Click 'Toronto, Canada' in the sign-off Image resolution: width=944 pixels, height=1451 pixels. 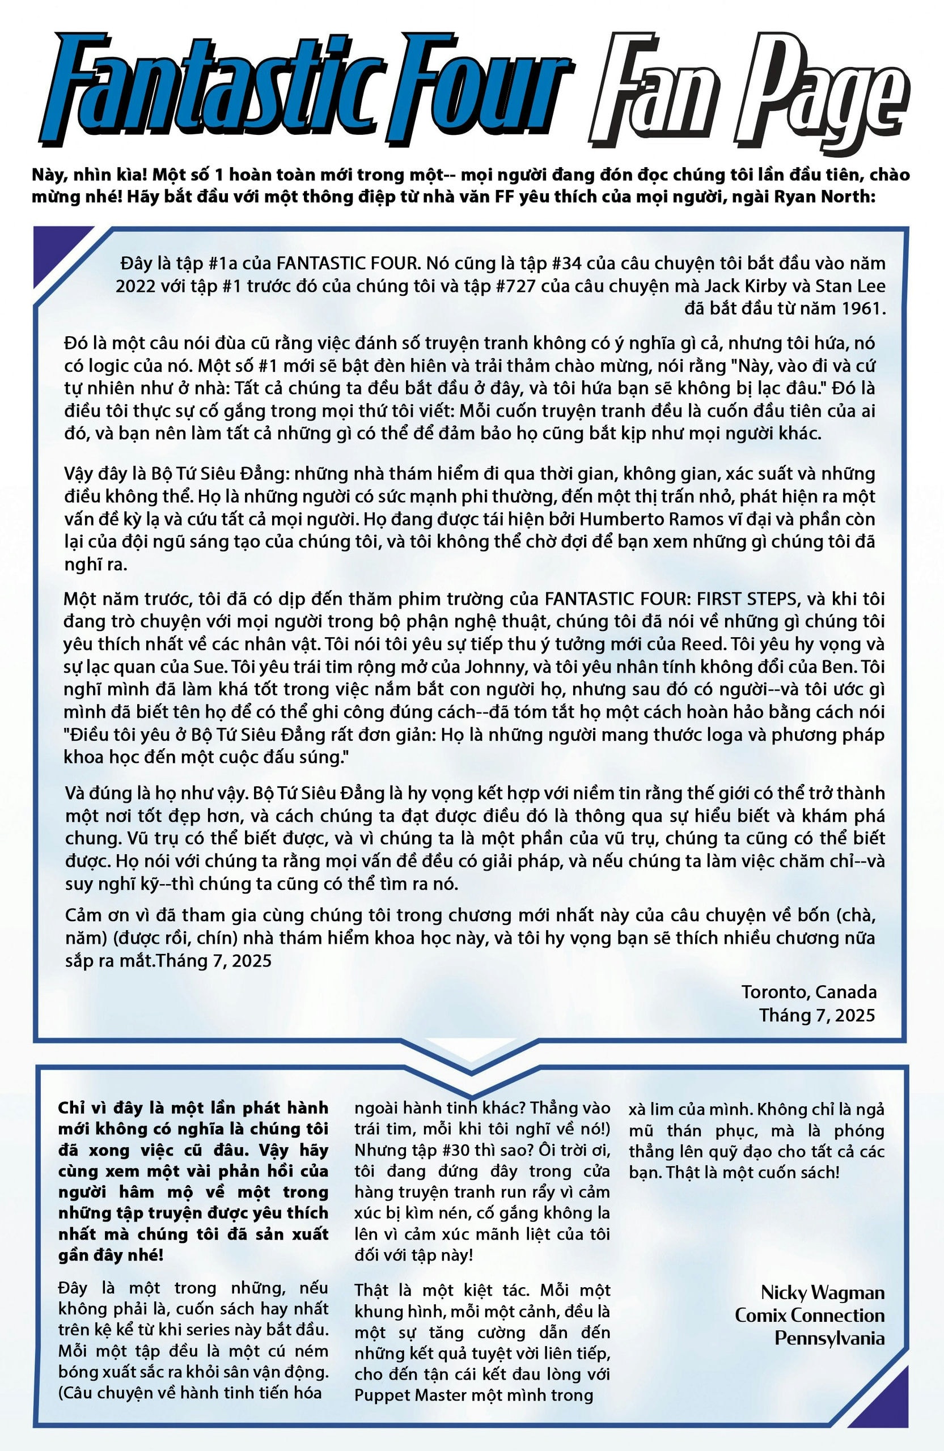[x=809, y=992]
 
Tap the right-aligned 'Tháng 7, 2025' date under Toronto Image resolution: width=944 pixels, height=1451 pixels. [x=816, y=1015]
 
